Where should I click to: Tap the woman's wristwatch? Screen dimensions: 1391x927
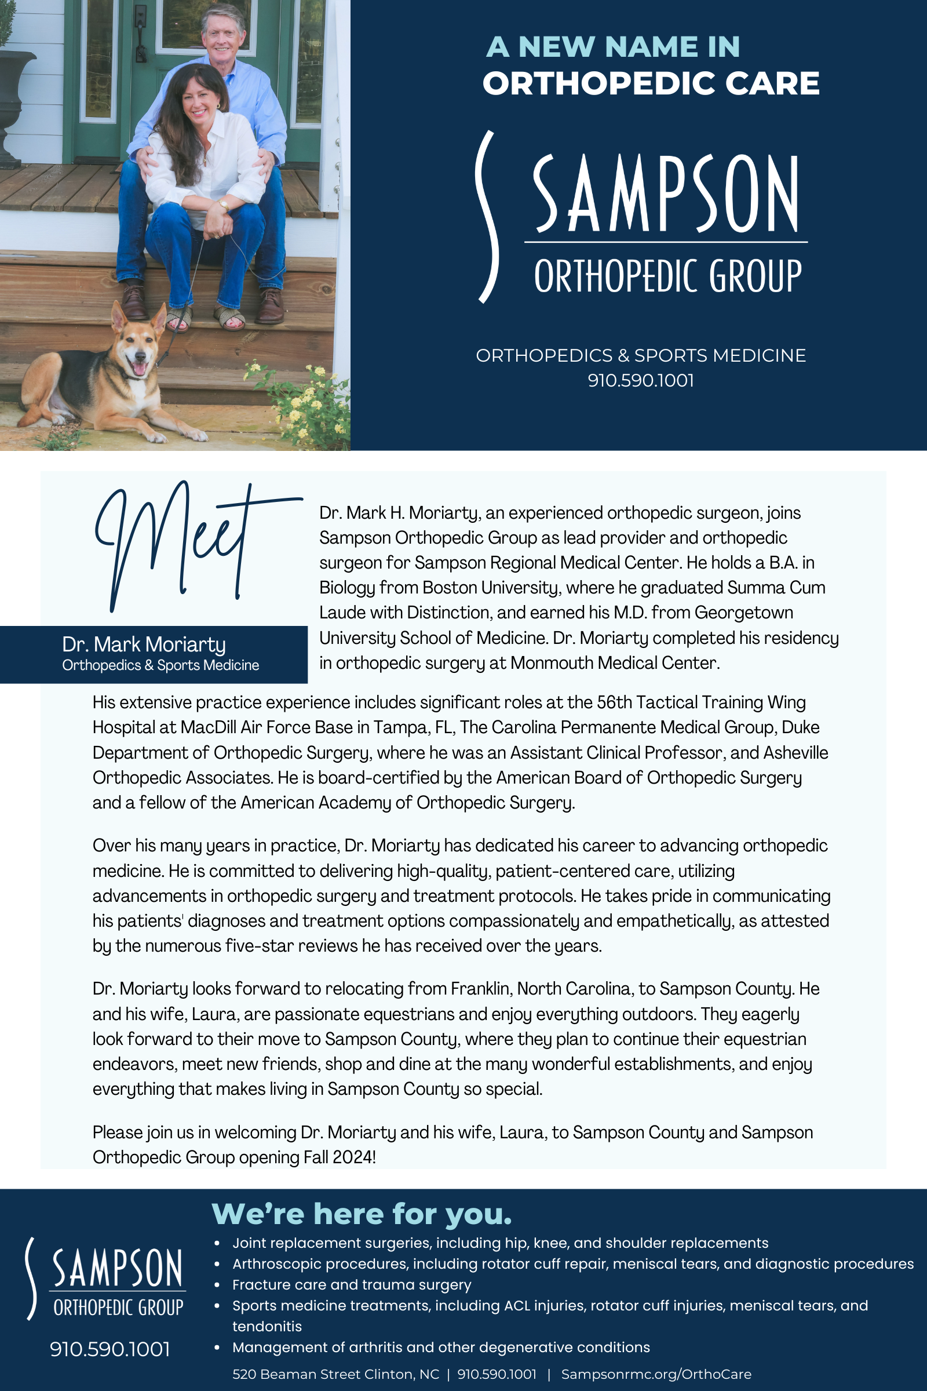[224, 205]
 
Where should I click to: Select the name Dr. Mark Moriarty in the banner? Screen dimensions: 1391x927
[144, 644]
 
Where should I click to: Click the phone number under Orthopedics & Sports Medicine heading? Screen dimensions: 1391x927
[640, 380]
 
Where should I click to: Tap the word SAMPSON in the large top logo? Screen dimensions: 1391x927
[666, 194]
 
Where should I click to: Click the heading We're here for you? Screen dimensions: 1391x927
[361, 1214]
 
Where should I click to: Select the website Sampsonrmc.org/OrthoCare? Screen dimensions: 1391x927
[656, 1374]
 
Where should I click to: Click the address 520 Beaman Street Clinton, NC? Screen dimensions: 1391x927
[336, 1374]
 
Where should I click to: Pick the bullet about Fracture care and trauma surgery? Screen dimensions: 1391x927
[352, 1284]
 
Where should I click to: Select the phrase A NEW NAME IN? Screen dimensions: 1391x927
[612, 47]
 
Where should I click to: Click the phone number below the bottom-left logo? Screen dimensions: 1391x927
[110, 1349]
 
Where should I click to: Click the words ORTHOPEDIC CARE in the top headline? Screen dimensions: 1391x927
[651, 83]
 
